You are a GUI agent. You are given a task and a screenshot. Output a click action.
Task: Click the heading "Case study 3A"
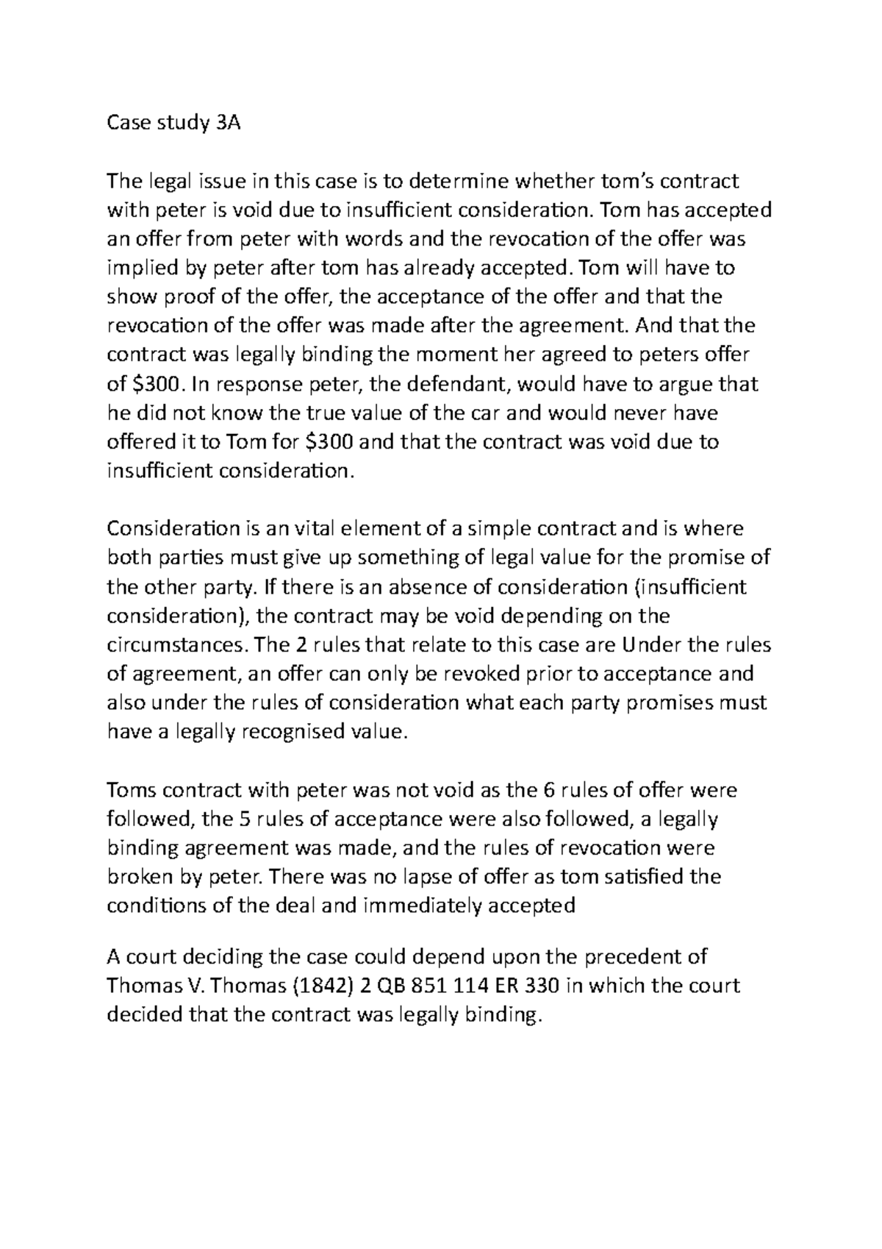[x=173, y=123]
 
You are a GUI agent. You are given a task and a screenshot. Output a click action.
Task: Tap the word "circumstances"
[x=178, y=645]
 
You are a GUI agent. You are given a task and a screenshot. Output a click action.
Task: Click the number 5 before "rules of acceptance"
[x=228, y=819]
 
